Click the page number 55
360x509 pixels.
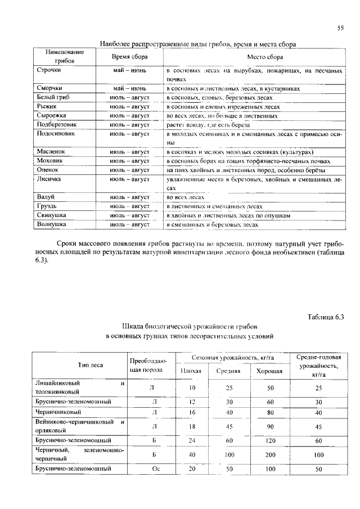[x=340, y=28]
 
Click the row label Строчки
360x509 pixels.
[x=49, y=71]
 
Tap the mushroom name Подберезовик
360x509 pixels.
[x=56, y=124]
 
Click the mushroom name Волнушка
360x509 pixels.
[x=52, y=224]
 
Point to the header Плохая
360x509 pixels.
[x=191, y=371]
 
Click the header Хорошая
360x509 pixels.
[x=269, y=371]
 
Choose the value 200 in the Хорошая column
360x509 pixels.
[x=269, y=454]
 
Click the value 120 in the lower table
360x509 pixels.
[x=269, y=440]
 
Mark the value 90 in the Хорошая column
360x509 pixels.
[x=269, y=427]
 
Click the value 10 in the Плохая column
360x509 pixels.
[x=191, y=388]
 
